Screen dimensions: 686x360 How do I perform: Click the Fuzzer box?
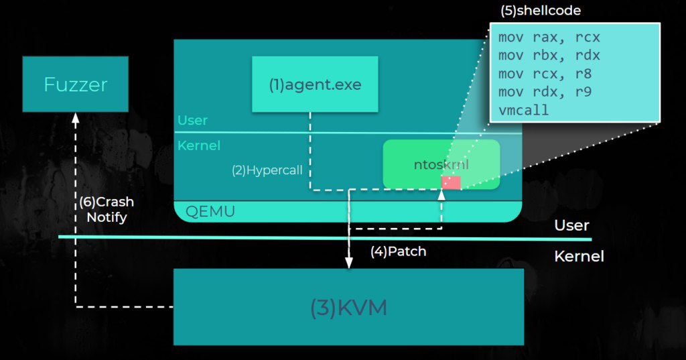[75, 84]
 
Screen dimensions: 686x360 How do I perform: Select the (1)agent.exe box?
[315, 84]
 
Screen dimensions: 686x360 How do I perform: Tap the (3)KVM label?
[348, 308]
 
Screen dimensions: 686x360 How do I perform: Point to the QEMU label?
[210, 212]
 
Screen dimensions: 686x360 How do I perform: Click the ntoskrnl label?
[441, 165]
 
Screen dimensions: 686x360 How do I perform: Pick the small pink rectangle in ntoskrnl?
[451, 182]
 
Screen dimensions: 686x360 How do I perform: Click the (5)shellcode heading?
[541, 11]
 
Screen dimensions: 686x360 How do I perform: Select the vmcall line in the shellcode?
[523, 110]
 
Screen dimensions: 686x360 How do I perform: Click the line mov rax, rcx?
[549, 38]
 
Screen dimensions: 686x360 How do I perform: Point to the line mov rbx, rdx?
[549, 56]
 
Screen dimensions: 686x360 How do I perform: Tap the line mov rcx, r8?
[545, 74]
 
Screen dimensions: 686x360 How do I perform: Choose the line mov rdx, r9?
[545, 92]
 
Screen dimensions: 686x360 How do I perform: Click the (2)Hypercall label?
[267, 170]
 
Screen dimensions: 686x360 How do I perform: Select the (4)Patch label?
[398, 251]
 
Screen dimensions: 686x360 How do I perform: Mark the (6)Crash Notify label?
[107, 209]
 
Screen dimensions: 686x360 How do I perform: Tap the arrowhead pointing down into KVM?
[348, 263]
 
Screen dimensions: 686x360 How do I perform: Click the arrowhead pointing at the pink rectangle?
[441, 195]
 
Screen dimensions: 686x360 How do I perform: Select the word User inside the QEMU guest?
[192, 120]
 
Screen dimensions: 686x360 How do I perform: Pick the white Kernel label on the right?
[579, 256]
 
